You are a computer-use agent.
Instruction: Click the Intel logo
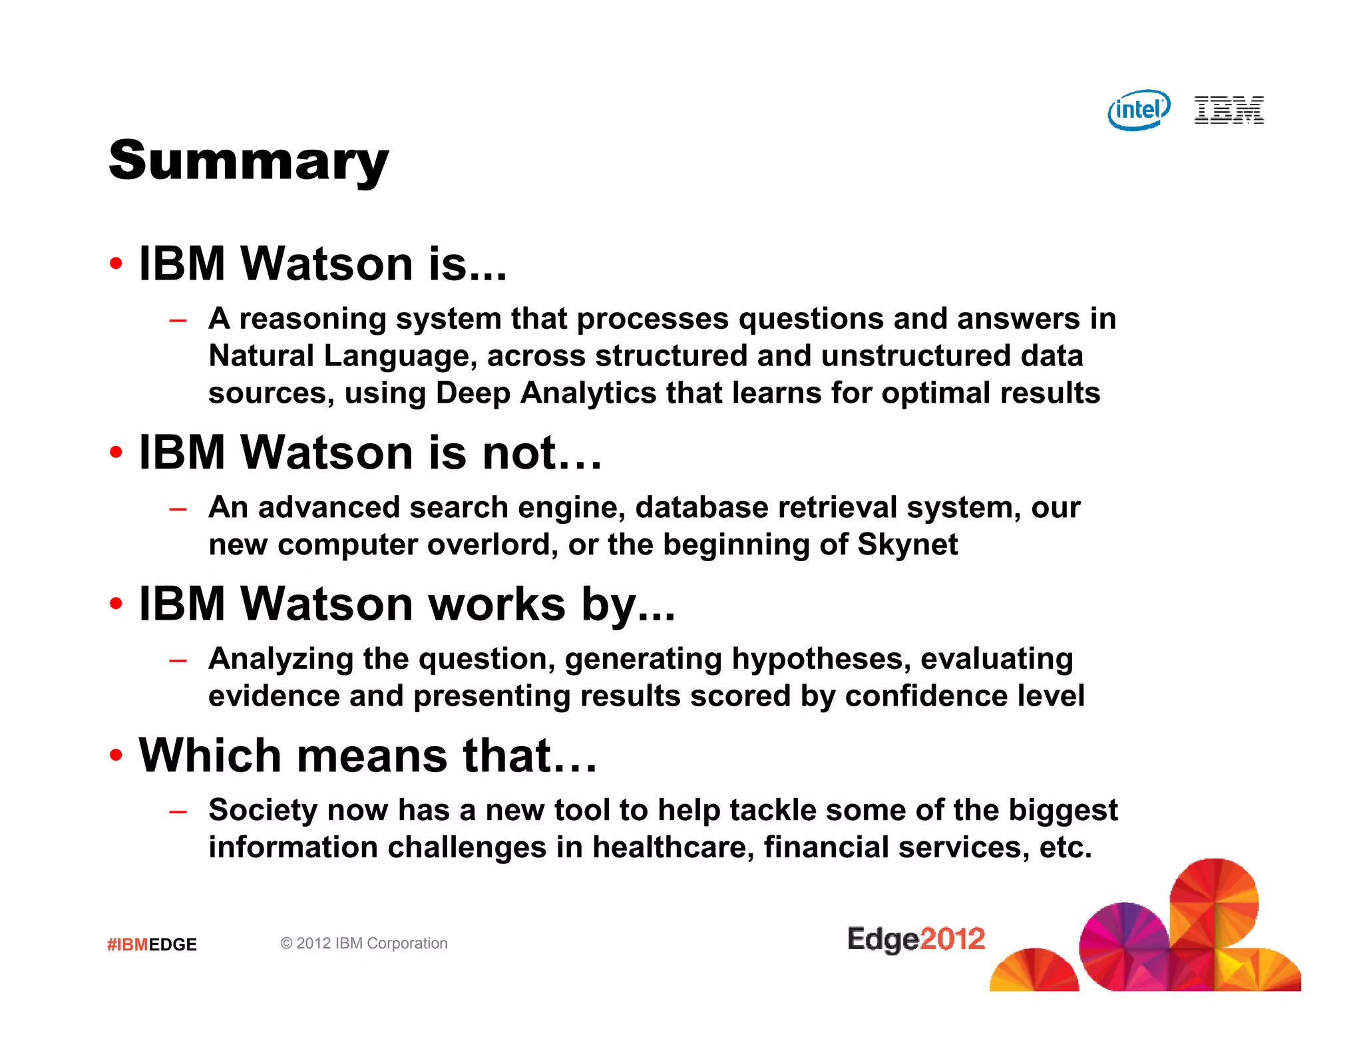coord(1139,110)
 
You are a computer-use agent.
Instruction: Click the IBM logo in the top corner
coord(1229,110)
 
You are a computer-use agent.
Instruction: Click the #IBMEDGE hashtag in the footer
coord(152,945)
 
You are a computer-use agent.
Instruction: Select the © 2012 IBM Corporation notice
coord(363,943)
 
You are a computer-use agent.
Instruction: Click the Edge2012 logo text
coord(916,939)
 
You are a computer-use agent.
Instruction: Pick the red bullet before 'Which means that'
coord(116,755)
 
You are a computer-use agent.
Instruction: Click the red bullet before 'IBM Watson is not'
coord(116,453)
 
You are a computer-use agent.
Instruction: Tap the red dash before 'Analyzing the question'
coord(178,661)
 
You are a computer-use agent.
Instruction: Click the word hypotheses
coord(821,659)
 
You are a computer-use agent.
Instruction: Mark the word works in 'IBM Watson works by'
coord(496,604)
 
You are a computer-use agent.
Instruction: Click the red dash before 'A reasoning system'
coord(178,321)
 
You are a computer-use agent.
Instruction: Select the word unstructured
coord(916,356)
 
